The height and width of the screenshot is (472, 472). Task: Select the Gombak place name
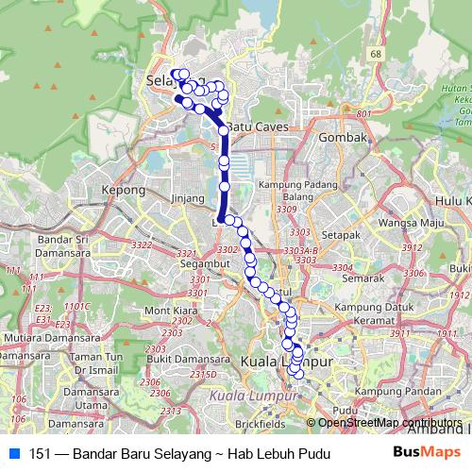[x=315, y=138]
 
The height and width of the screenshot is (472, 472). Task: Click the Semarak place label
[x=339, y=279]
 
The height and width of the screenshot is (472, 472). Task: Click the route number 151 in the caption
[x=40, y=453]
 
